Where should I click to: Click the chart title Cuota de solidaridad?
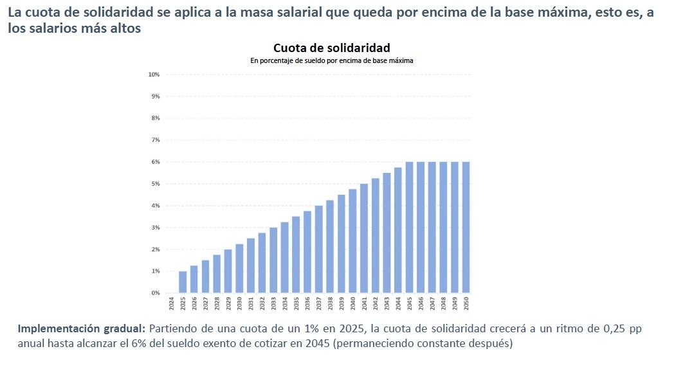tap(331, 48)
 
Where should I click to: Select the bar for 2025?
tap(183, 282)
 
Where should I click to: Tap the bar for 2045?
tap(409, 228)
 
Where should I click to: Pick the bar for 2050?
tap(466, 228)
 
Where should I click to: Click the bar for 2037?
tap(318, 249)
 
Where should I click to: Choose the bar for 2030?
tap(239, 269)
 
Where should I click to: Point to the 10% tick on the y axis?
tap(154, 75)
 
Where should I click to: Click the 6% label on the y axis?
tap(155, 162)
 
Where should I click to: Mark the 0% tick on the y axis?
tap(155, 293)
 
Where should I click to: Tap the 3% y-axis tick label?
tap(155, 228)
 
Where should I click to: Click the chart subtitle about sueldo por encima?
tap(331, 60)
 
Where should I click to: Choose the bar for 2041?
tap(364, 238)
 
